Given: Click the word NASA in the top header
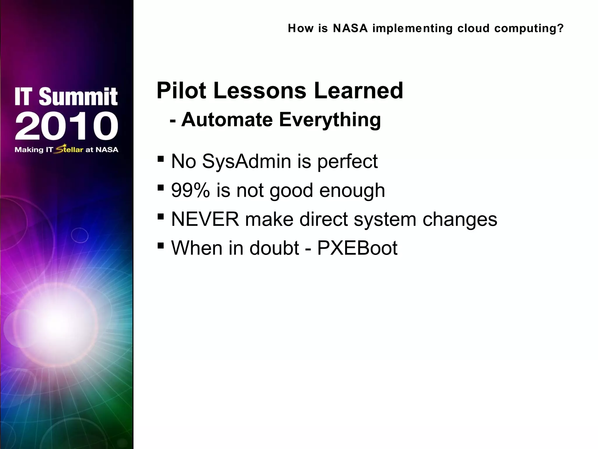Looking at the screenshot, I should coord(350,28).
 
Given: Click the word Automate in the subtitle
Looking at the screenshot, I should coord(227,120).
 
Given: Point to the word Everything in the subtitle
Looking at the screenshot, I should coord(330,120).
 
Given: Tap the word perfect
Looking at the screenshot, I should coord(347,162).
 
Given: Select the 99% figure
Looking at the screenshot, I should coord(190,190).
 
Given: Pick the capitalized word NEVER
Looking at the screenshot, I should coord(205,219).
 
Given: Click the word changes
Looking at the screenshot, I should coord(460,220).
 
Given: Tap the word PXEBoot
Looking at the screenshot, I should coord(357,248).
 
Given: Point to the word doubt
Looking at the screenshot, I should coord(274,248).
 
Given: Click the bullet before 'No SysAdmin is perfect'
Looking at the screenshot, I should coord(160,159).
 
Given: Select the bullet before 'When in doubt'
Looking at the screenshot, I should coord(160,246).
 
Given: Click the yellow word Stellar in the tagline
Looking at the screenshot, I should coord(69,149).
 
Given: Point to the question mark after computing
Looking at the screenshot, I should coord(560,28).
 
